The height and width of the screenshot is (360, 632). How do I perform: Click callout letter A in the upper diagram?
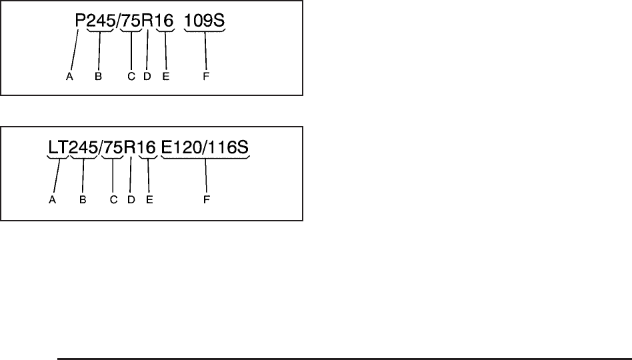(x=69, y=77)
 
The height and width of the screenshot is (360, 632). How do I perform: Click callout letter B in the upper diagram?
(x=98, y=77)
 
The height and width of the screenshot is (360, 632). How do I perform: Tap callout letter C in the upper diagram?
(x=131, y=77)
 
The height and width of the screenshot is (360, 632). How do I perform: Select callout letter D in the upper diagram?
(x=147, y=77)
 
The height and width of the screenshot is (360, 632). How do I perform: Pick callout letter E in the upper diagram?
(x=165, y=77)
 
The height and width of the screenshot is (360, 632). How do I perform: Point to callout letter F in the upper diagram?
(x=206, y=77)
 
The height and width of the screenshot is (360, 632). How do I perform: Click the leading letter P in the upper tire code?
(x=80, y=23)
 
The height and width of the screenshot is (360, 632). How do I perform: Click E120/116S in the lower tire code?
(x=205, y=149)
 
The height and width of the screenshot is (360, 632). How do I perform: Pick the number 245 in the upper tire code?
(x=101, y=23)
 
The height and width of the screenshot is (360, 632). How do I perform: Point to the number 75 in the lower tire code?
(x=113, y=149)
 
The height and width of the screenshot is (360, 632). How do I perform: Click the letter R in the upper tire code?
(x=148, y=23)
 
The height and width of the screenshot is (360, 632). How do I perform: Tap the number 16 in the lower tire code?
(x=147, y=149)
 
